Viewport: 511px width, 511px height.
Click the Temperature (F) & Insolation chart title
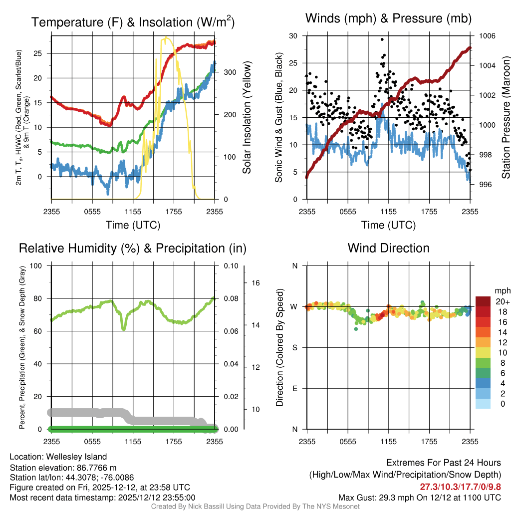pyautogui.click(x=133, y=22)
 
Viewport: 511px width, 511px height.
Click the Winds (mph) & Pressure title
pyautogui.click(x=388, y=18)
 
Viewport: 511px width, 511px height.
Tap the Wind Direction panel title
pyautogui.click(x=388, y=248)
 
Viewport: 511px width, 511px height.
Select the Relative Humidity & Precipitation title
pyautogui.click(x=133, y=249)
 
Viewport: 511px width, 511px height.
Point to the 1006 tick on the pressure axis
pyautogui.click(x=487, y=36)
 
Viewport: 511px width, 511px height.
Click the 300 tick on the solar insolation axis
pyautogui.click(x=230, y=72)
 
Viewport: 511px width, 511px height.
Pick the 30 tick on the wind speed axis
pyautogui.click(x=293, y=36)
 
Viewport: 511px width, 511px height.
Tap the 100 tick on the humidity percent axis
pyautogui.click(x=36, y=265)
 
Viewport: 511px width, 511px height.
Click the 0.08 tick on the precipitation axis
pyautogui.click(x=231, y=298)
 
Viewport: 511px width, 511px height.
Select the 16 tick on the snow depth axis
pyautogui.click(x=255, y=283)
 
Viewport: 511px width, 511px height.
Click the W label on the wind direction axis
pyautogui.click(x=294, y=307)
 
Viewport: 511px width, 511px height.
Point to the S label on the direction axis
pyautogui.click(x=294, y=348)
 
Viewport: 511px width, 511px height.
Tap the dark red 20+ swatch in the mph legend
pyautogui.click(x=483, y=301)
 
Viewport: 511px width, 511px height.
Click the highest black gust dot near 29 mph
pyautogui.click(x=382, y=39)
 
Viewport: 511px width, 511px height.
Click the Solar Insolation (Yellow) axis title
pyautogui.click(x=247, y=117)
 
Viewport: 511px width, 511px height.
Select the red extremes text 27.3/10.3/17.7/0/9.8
pyautogui.click(x=460, y=487)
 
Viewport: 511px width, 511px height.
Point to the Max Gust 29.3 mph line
pyautogui.click(x=420, y=498)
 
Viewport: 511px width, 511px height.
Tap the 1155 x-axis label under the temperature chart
pyautogui.click(x=133, y=212)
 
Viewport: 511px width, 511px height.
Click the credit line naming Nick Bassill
pyautogui.click(x=255, y=507)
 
